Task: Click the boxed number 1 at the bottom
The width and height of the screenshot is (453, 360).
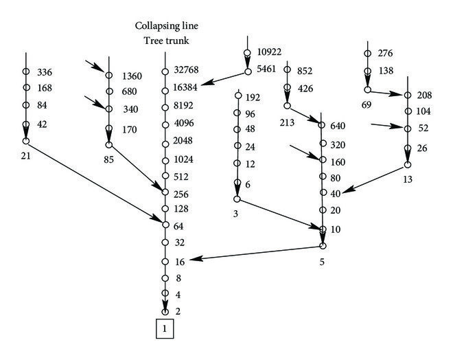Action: pyautogui.click(x=164, y=330)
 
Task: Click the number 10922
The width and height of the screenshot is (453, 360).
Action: pyautogui.click(x=270, y=52)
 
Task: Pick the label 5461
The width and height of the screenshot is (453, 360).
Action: pyautogui.click(x=268, y=69)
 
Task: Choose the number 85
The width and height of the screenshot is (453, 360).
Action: pyautogui.click(x=108, y=158)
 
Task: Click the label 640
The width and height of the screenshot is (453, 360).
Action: pyautogui.click(x=338, y=126)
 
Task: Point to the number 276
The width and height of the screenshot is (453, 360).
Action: pyautogui.click(x=386, y=53)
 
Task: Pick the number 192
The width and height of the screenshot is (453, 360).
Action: pyautogui.click(x=254, y=97)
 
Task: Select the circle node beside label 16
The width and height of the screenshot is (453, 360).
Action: pyautogui.click(x=165, y=261)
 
